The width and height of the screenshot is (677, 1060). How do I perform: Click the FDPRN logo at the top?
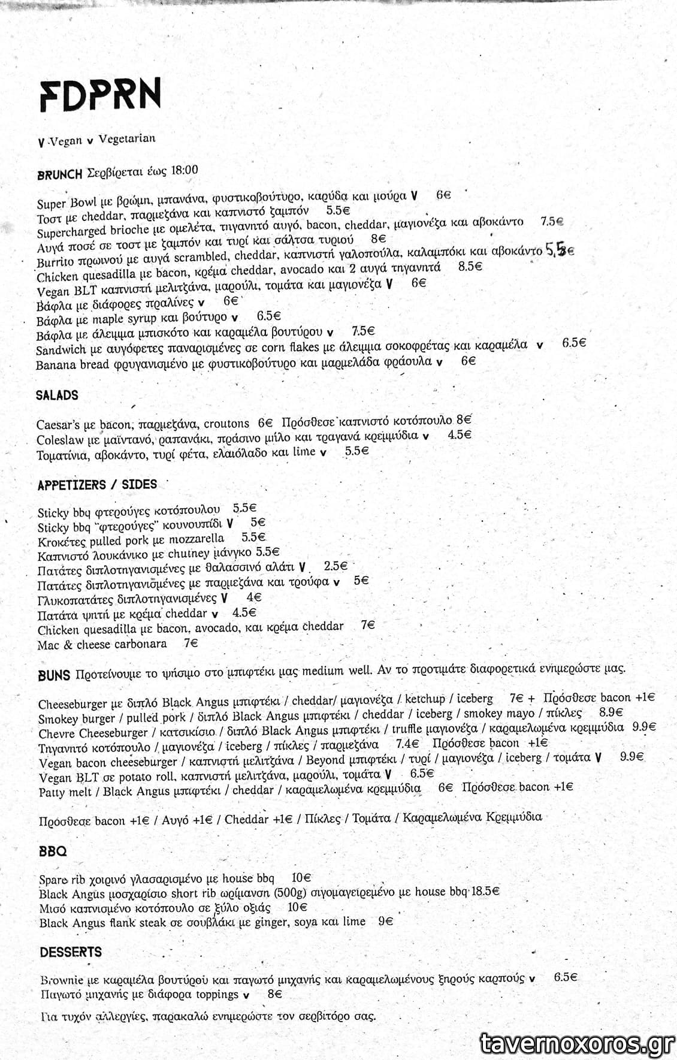pyautogui.click(x=100, y=95)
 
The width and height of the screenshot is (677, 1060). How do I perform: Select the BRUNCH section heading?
pyautogui.click(x=59, y=174)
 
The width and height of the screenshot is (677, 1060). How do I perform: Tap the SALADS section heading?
pyautogui.click(x=57, y=395)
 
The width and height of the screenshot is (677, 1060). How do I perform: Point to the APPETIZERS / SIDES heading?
pyautogui.click(x=97, y=485)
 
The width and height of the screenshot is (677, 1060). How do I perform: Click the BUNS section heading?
pyautogui.click(x=54, y=675)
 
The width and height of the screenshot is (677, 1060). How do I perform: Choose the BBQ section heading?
pyautogui.click(x=53, y=851)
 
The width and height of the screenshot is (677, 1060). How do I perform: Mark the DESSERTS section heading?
pyautogui.click(x=71, y=952)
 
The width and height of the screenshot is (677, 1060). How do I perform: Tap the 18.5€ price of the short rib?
pyautogui.click(x=485, y=892)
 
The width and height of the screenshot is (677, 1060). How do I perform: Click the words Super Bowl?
pyautogui.click(x=62, y=203)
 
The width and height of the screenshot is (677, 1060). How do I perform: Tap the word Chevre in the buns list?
pyautogui.click(x=57, y=733)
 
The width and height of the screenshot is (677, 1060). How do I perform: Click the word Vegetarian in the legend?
pyautogui.click(x=126, y=139)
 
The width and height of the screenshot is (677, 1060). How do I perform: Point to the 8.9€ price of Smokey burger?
pyautogui.click(x=610, y=713)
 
